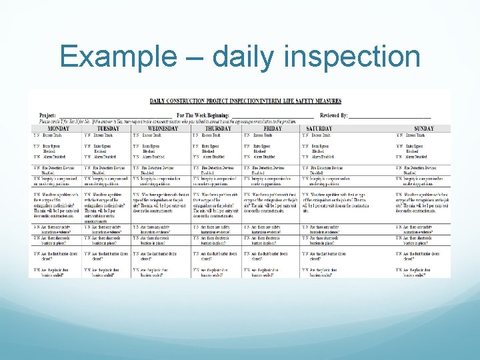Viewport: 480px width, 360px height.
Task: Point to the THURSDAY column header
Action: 216,129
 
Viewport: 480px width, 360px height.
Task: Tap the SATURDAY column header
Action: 319,129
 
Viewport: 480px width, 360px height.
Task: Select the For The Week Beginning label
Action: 203,115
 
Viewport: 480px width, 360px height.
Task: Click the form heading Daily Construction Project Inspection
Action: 245,101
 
